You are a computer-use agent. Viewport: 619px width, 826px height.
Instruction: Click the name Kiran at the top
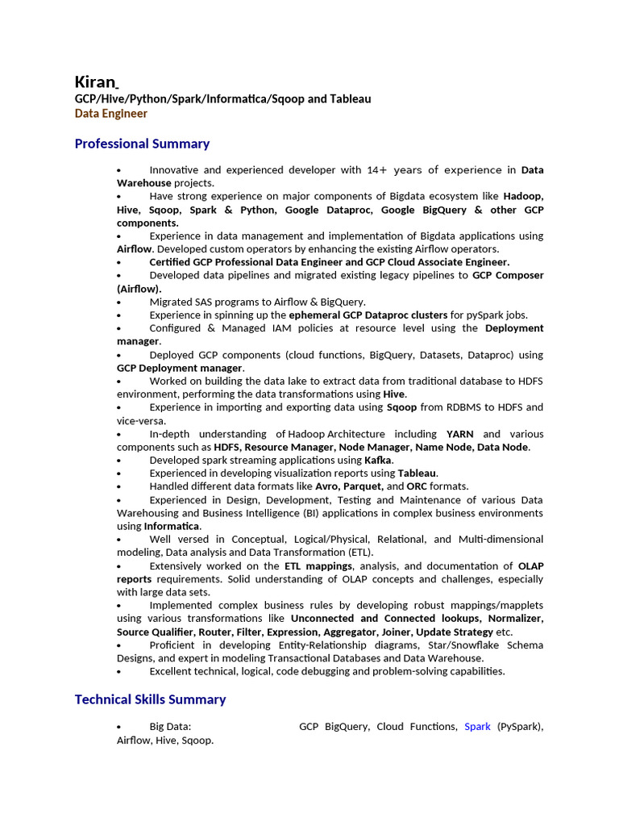[x=95, y=81]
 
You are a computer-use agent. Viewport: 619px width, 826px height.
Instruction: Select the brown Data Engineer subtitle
[x=111, y=114]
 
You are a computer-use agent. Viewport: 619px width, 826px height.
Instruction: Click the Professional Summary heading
[x=142, y=144]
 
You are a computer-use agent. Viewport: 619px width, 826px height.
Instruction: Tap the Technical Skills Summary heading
[x=150, y=699]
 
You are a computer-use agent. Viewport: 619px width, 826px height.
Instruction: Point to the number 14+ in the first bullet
[x=376, y=170]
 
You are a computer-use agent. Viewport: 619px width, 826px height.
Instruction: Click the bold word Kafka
[x=378, y=460]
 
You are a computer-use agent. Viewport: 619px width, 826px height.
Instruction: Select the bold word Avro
[x=326, y=486]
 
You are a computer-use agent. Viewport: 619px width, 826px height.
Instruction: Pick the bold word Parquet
[x=364, y=486]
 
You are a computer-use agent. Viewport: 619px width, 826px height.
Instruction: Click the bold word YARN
[x=459, y=434]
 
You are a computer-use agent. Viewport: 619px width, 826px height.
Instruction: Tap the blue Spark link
[x=477, y=727]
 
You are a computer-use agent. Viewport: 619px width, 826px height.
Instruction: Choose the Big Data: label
[x=170, y=727]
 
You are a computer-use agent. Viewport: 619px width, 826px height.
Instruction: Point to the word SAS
[x=205, y=302]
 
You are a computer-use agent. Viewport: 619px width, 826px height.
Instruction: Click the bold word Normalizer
[x=517, y=619]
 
